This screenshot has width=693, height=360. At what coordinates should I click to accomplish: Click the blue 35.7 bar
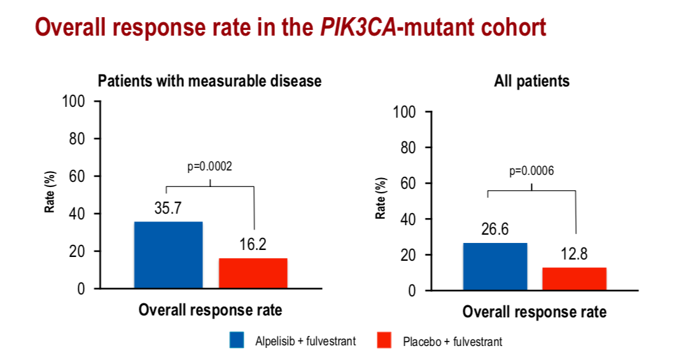(x=168, y=254)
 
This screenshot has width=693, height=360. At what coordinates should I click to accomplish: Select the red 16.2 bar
(x=253, y=273)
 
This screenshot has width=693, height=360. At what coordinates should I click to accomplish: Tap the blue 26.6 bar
(x=495, y=267)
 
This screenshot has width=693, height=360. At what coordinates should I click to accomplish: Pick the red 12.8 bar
(x=574, y=279)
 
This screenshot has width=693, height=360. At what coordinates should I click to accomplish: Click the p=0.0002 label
(x=210, y=167)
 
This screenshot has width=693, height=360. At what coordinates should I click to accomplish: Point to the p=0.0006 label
(x=531, y=171)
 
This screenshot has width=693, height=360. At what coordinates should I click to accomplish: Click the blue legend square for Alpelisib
(x=237, y=340)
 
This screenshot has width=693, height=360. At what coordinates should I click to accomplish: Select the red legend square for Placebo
(x=384, y=340)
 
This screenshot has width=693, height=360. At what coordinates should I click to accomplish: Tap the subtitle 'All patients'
(x=532, y=81)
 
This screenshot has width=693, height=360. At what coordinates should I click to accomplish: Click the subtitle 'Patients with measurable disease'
(x=209, y=81)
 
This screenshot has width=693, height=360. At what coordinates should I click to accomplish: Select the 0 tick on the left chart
(x=81, y=289)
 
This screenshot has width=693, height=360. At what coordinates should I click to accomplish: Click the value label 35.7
(x=169, y=209)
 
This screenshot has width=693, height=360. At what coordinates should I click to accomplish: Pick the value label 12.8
(x=574, y=254)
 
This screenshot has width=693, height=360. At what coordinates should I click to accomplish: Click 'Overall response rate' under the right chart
(x=535, y=312)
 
